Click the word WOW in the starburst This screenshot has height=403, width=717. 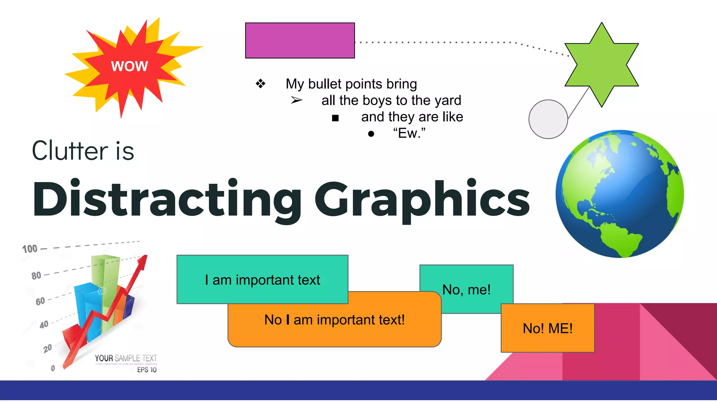pyautogui.click(x=130, y=66)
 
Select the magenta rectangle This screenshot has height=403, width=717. pyautogui.click(x=300, y=41)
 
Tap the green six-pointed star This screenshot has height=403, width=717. pyautogui.click(x=601, y=64)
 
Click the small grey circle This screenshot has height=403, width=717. pyautogui.click(x=548, y=119)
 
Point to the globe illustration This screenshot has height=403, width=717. pyautogui.click(x=619, y=194)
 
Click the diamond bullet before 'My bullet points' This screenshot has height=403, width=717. pyautogui.click(x=260, y=84)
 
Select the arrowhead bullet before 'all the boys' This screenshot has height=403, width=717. pyautogui.click(x=296, y=100)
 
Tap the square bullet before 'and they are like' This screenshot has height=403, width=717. pyautogui.click(x=335, y=118)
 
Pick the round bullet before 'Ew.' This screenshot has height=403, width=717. pyautogui.click(x=371, y=134)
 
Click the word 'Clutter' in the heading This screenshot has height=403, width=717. pyautogui.click(x=70, y=151)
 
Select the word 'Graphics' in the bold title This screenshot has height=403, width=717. pyautogui.click(x=422, y=199)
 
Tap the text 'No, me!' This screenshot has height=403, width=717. pyautogui.click(x=466, y=290)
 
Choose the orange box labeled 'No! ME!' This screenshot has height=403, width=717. pyautogui.click(x=548, y=328)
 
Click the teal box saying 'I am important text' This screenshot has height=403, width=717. pyautogui.click(x=262, y=280)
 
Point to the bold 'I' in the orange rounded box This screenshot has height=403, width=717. pyautogui.click(x=287, y=320)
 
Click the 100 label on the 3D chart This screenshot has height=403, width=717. pyautogui.click(x=30, y=249)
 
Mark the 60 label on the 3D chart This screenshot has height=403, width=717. pyautogui.click(x=40, y=301)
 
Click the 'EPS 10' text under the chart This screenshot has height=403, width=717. pyautogui.click(x=147, y=370)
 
